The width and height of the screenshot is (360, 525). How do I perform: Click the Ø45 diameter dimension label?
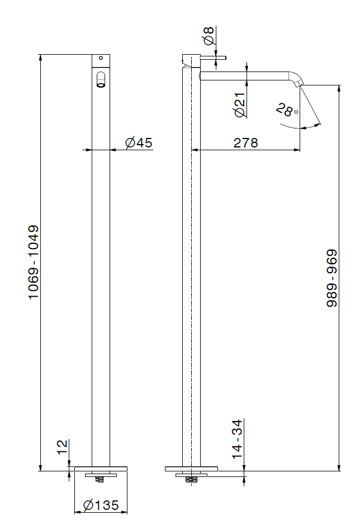(x=139, y=142)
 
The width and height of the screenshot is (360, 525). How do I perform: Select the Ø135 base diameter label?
(x=101, y=505)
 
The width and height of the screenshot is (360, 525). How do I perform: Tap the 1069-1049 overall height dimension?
(x=34, y=262)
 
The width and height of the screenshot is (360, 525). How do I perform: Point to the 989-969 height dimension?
(x=332, y=278)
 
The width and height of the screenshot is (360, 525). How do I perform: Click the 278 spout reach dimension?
(x=246, y=142)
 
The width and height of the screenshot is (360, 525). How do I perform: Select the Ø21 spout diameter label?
(x=240, y=105)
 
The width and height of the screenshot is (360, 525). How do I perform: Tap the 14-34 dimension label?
(x=236, y=439)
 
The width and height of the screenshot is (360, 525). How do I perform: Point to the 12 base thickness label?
(x=63, y=447)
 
